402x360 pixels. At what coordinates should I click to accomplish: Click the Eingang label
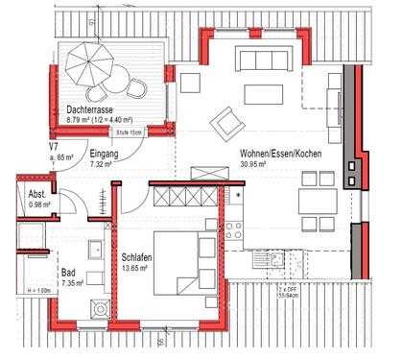(103, 155)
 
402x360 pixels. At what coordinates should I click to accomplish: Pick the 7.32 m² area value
(102, 164)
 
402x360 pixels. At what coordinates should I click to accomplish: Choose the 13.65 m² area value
(139, 268)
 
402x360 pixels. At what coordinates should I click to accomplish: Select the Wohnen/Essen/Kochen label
(280, 155)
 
